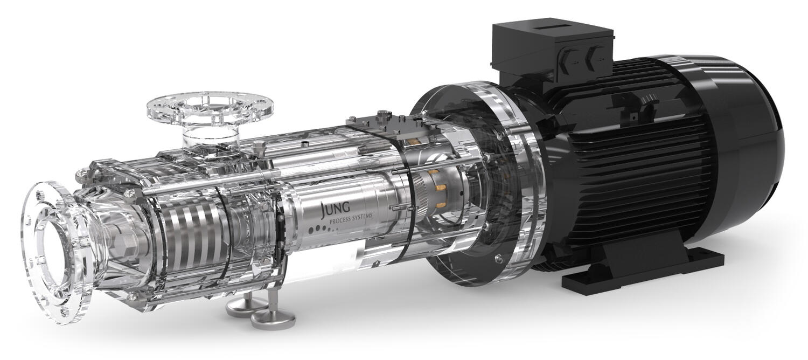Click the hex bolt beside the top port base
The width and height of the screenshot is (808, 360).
[259, 146]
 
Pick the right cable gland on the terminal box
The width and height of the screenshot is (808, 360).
[595, 54]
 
